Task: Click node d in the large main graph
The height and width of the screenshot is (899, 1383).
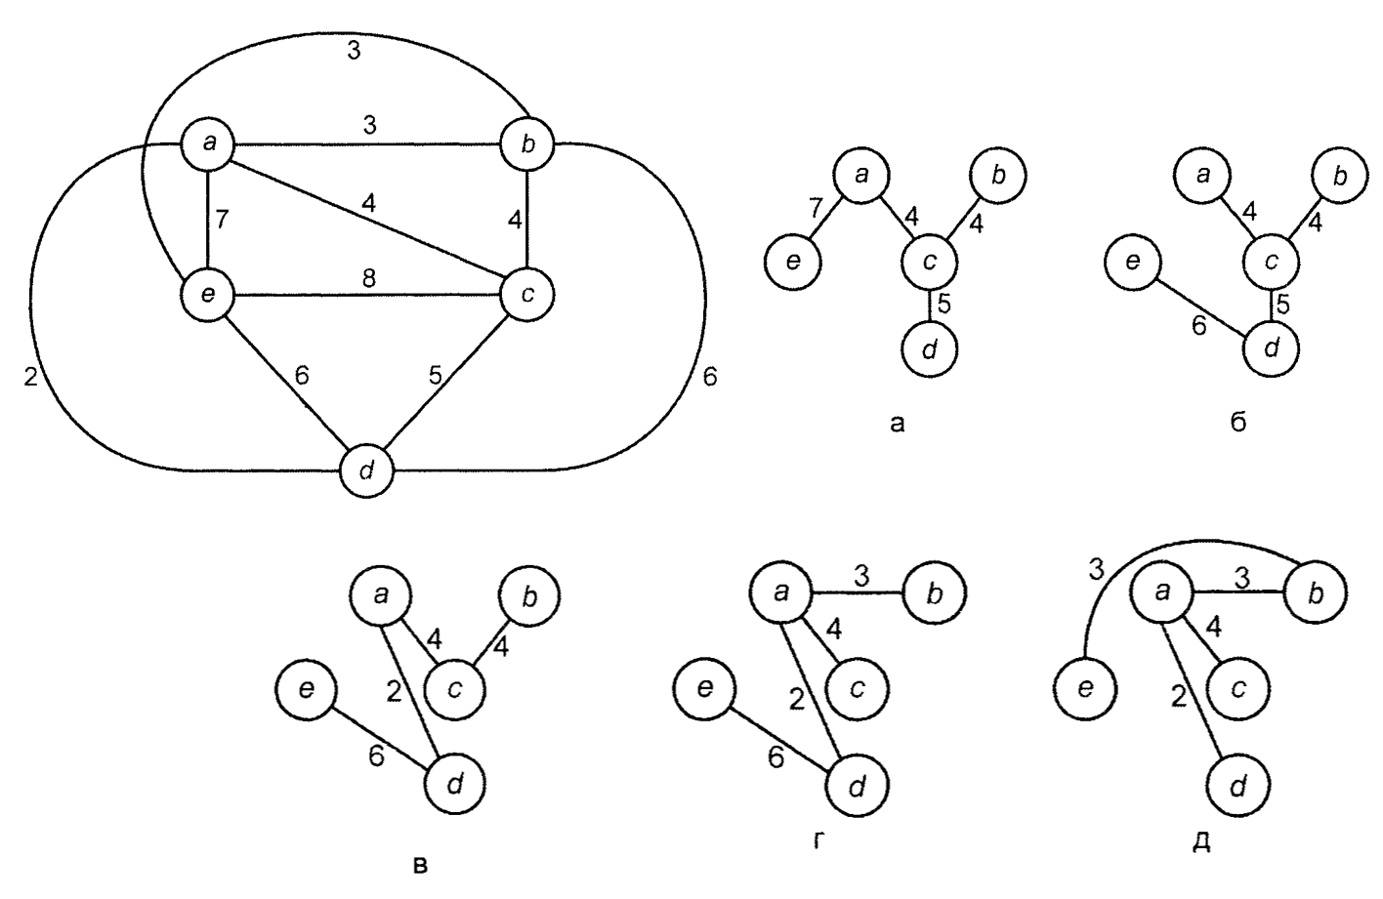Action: (366, 470)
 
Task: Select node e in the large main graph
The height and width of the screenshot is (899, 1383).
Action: (210, 293)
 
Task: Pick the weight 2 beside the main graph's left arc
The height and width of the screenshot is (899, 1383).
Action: (30, 378)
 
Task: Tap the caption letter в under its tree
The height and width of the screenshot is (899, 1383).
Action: (421, 863)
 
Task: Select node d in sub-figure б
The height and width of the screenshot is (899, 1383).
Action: (1271, 347)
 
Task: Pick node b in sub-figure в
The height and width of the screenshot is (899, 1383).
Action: (528, 596)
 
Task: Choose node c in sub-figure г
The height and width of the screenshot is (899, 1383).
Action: (856, 688)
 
